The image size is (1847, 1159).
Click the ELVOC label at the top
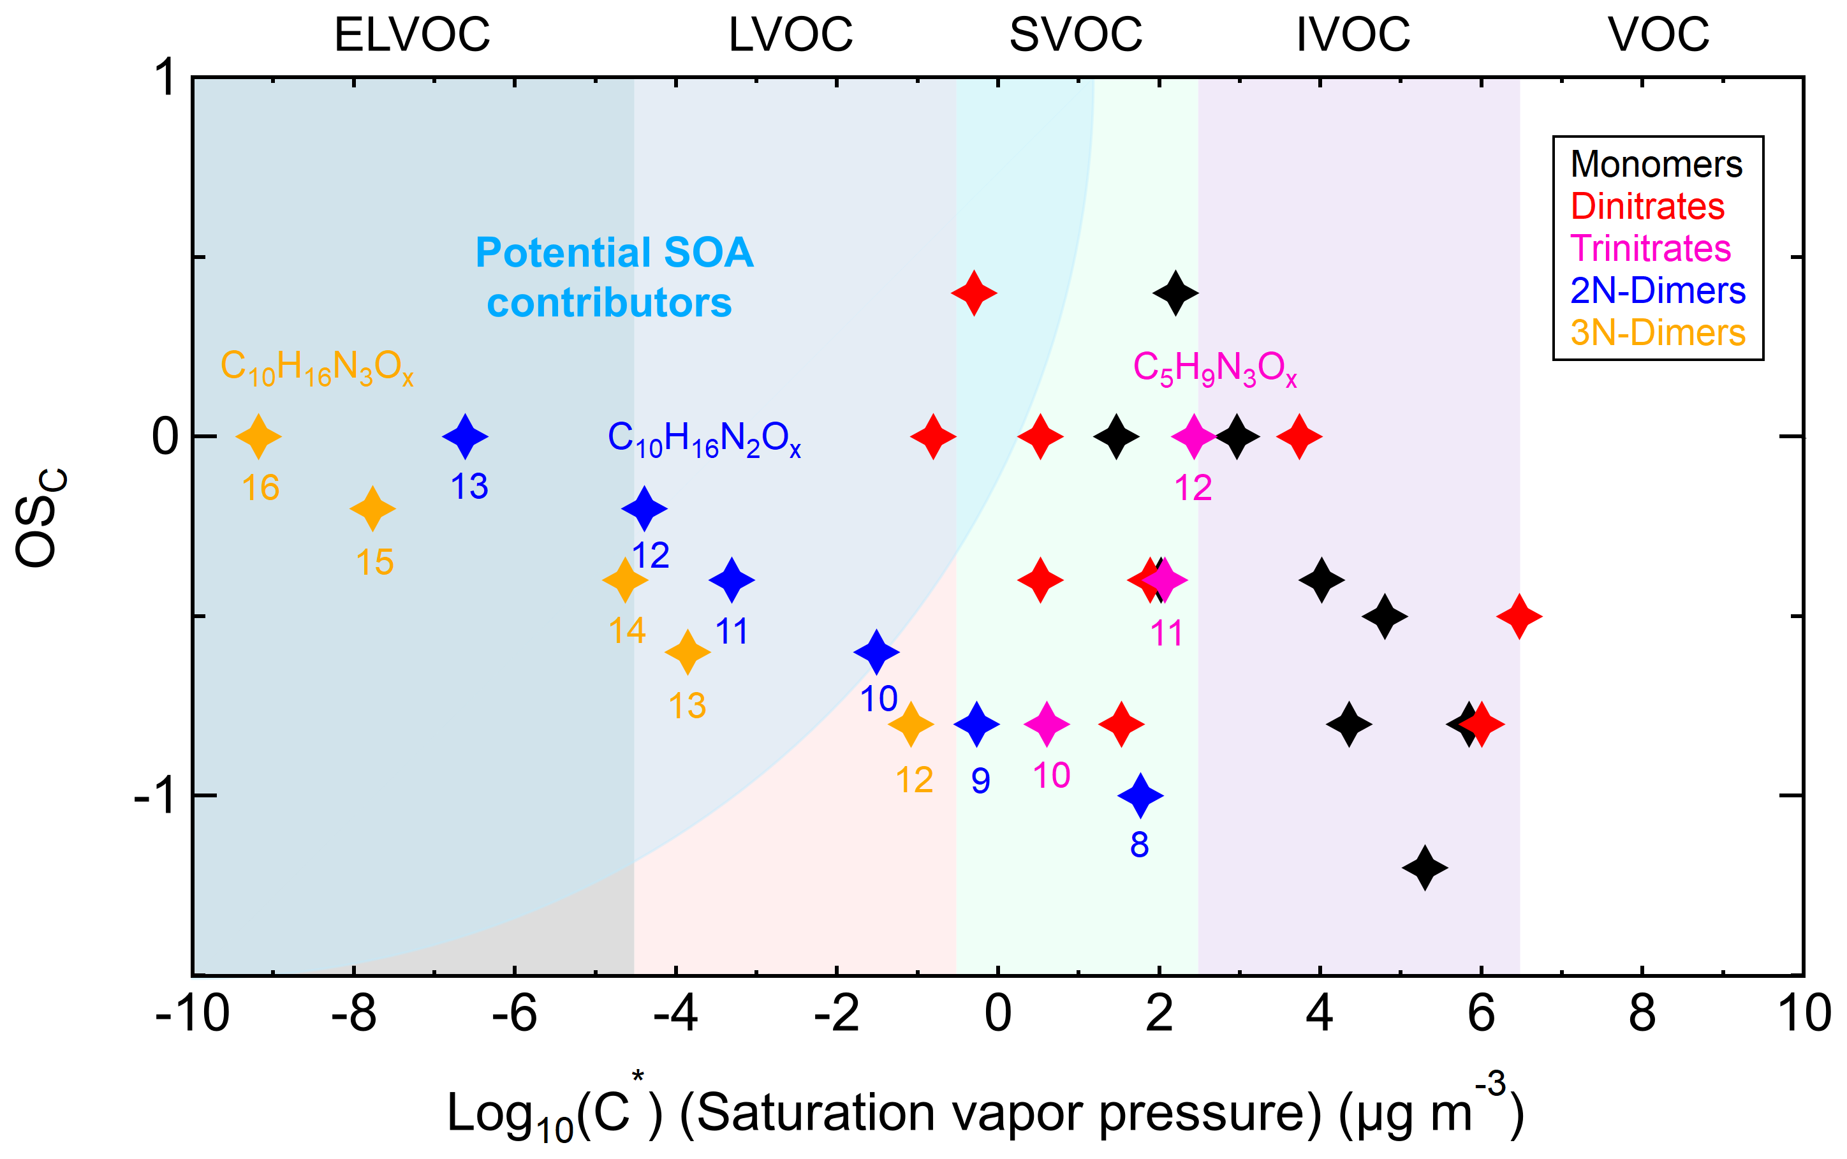coord(411,34)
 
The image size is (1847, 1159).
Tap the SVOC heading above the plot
coord(1075,34)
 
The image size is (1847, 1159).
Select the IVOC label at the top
coord(1353,34)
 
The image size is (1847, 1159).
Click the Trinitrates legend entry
coord(1650,248)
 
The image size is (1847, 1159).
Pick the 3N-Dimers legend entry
coord(1658,333)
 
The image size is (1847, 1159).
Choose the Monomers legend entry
coord(1656,164)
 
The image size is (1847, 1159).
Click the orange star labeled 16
coord(258,436)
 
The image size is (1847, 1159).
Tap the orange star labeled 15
coord(372,508)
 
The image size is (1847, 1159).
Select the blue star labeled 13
coord(465,436)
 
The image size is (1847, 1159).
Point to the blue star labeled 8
coord(1140,795)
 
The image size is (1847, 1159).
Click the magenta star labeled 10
coord(1046,723)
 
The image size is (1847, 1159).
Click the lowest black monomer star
coord(1425,867)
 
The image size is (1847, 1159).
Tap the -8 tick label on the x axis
coord(353,1014)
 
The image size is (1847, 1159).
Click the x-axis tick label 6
coord(1481,1014)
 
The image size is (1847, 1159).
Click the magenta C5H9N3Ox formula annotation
coord(1215,369)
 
